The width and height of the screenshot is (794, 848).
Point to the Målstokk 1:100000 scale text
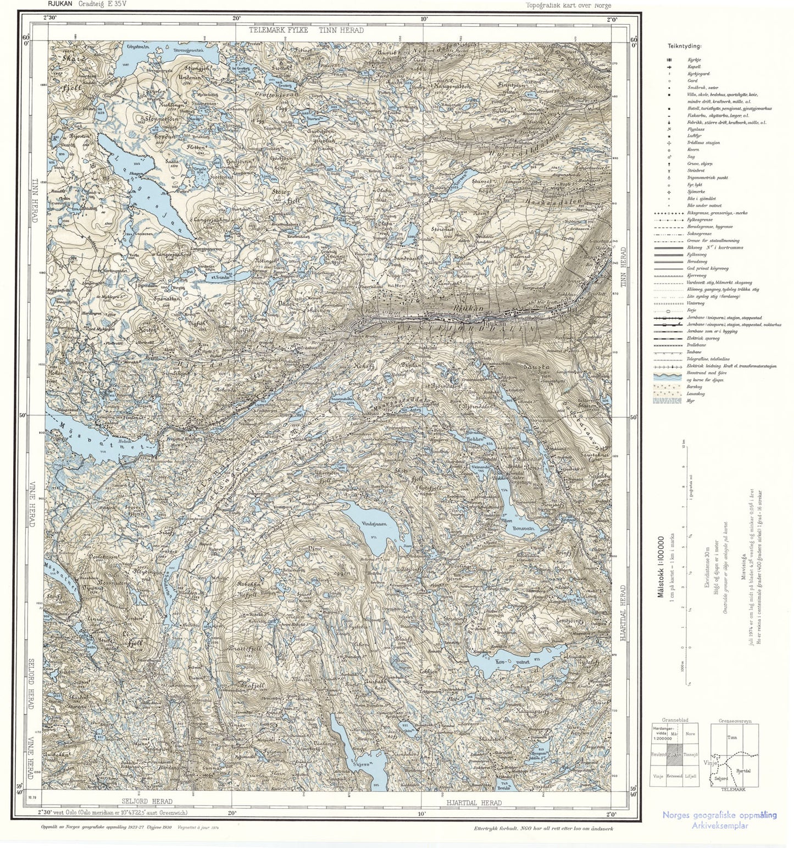click(661, 566)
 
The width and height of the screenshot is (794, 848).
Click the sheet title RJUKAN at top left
click(59, 4)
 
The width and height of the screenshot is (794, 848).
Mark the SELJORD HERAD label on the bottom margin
click(147, 801)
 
